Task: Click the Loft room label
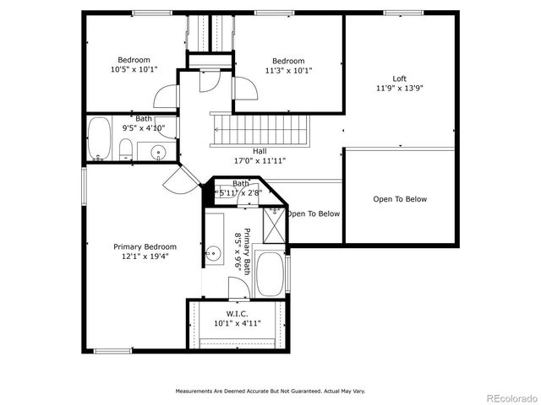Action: click(399, 78)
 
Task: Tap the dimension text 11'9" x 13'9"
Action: click(399, 88)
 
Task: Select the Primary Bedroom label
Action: click(145, 246)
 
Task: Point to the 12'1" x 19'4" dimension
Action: click(145, 256)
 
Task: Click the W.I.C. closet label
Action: click(237, 312)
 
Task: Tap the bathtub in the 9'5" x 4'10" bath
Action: click(99, 139)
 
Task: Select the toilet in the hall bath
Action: click(124, 151)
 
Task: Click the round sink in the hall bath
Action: click(158, 152)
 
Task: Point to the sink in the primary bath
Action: click(214, 251)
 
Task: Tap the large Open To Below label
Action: click(400, 199)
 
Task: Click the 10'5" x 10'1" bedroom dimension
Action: click(134, 70)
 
